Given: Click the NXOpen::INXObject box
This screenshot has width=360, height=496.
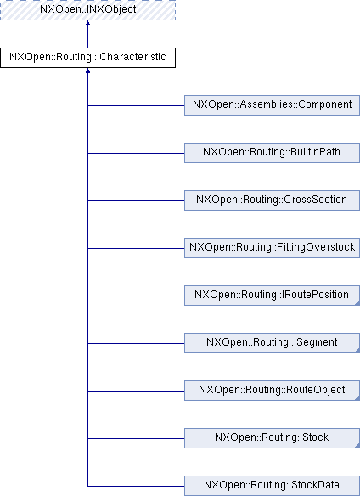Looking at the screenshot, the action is coord(87,10).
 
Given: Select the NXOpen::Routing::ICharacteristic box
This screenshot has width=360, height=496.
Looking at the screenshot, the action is coord(87,58).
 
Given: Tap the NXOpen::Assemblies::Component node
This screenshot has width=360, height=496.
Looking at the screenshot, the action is coord(272,105).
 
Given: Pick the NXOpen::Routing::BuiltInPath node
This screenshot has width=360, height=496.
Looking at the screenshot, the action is coord(272,153).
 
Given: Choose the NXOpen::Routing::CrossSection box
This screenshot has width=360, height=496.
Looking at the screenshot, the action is coord(272,200).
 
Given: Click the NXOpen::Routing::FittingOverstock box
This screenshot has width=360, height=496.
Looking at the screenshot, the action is coord(272,248).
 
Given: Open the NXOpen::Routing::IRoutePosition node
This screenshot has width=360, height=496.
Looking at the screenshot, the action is coord(272,296).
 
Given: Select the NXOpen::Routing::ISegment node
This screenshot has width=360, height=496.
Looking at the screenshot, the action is coord(272,343).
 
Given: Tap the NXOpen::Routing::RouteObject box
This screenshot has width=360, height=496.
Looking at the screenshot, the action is coord(272,391).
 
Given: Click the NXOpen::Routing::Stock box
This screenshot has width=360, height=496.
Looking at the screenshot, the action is coord(272,438).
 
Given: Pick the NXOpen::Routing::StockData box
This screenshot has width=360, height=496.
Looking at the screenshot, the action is coord(272,486).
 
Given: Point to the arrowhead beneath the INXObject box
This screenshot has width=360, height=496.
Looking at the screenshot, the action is coord(87,23).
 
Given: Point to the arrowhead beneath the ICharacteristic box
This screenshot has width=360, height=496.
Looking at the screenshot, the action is coord(87,70).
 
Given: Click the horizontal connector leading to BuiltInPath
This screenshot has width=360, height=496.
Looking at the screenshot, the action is coord(136,153).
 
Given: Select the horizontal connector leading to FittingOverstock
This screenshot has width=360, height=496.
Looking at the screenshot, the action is coord(136,248).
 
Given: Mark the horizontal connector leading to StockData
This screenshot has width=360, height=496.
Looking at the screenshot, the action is coord(136,486).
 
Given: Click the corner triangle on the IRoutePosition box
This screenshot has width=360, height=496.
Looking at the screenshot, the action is coord(357,303).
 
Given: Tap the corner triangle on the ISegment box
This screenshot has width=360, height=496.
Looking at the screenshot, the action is coord(357,351).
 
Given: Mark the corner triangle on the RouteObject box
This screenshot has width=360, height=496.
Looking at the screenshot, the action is coord(357,398).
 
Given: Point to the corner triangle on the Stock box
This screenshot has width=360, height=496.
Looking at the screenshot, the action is coord(357,446).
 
